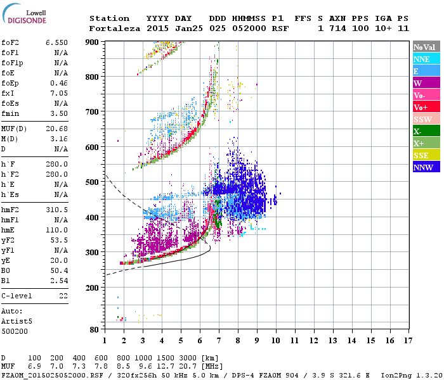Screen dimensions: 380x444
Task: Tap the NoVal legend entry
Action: coord(423,47)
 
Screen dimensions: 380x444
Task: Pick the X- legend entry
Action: coord(423,131)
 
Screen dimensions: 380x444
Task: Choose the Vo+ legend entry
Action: coord(423,107)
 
